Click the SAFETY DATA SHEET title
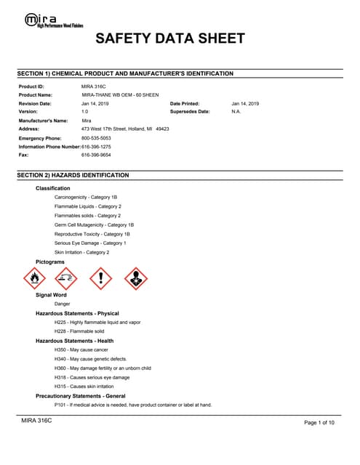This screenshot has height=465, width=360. click(x=170, y=39)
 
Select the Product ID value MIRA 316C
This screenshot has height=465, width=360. click(x=94, y=86)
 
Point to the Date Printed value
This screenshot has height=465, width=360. click(x=245, y=104)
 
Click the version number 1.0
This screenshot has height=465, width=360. click(x=84, y=112)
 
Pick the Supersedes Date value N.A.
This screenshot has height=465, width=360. click(x=236, y=112)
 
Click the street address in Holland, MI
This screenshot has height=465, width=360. click(x=125, y=129)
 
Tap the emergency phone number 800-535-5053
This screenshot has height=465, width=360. click(x=96, y=138)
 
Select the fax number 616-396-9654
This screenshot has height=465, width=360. click(x=96, y=155)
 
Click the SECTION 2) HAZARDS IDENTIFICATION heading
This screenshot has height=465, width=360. click(x=73, y=175)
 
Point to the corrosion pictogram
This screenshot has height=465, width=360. click(x=67, y=278)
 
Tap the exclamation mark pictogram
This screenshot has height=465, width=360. click(x=100, y=278)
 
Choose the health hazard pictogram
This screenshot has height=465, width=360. click(x=135, y=278)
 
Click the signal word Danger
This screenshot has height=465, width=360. click(x=63, y=304)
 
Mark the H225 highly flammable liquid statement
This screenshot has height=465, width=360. click(x=97, y=322)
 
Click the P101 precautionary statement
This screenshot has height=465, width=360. click(x=133, y=405)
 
